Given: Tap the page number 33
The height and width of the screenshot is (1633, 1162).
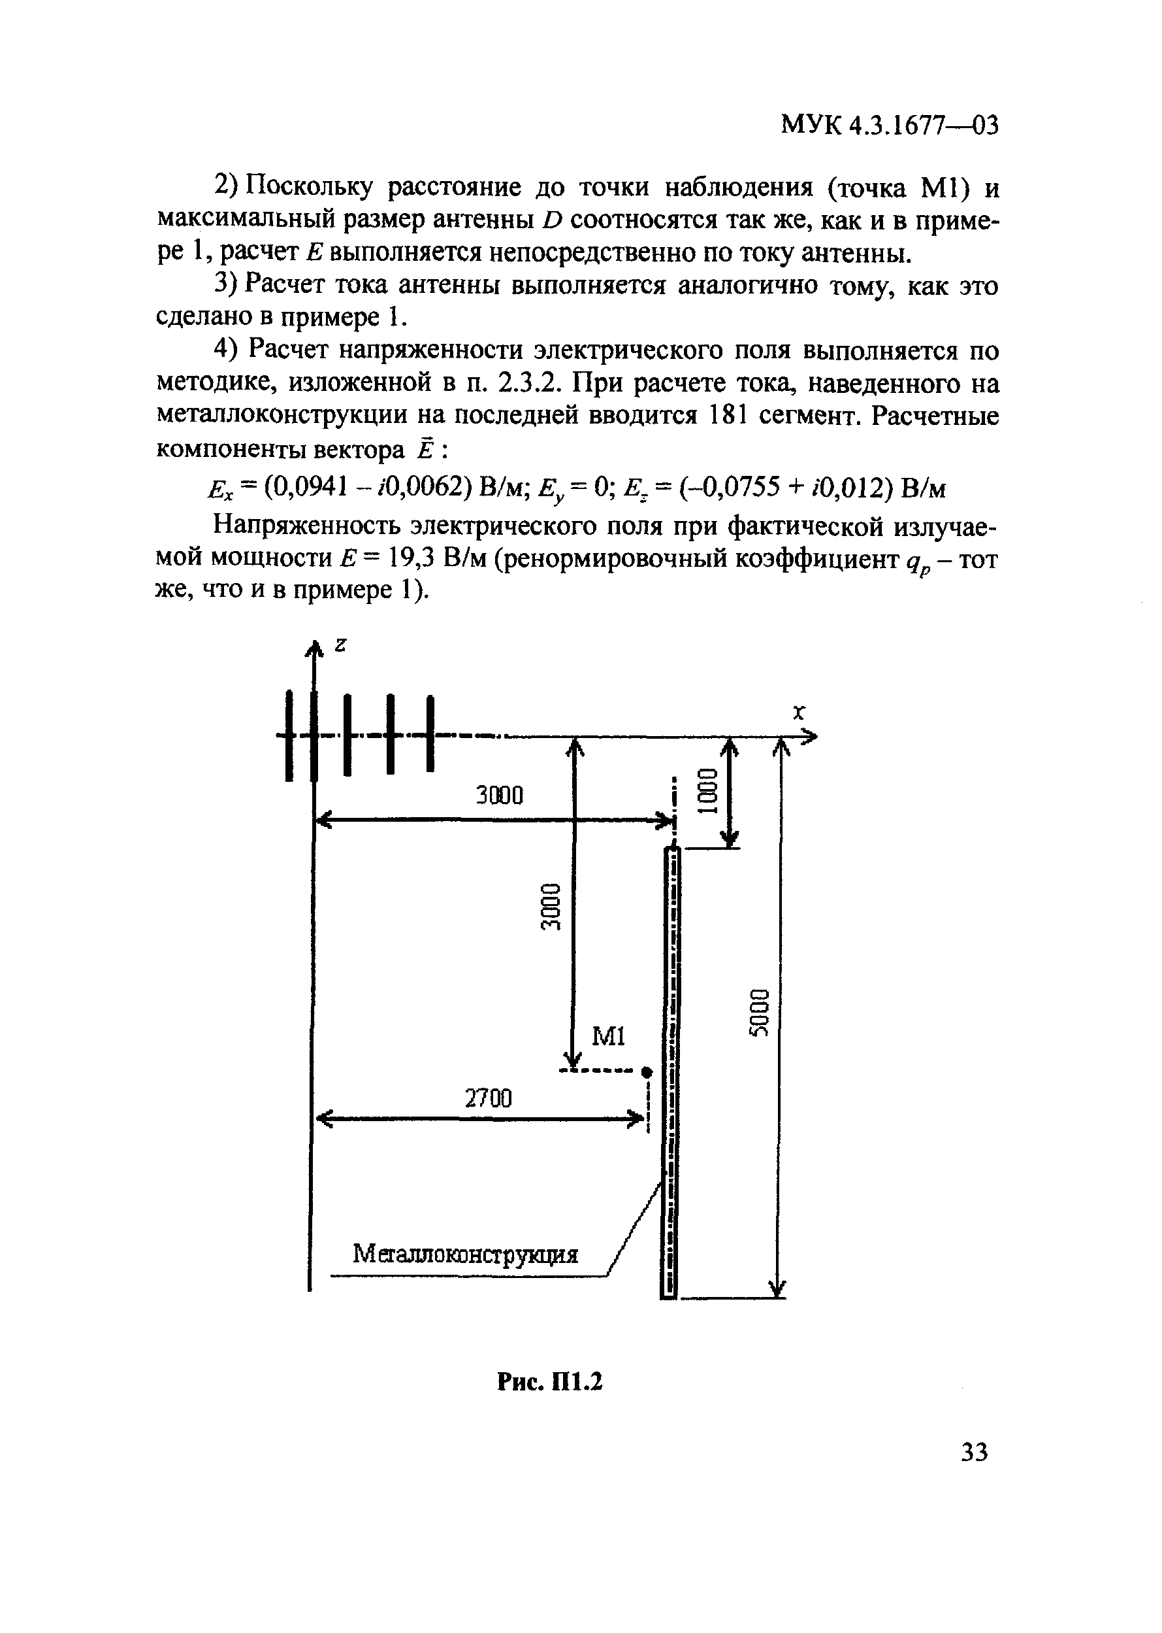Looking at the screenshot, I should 974,1452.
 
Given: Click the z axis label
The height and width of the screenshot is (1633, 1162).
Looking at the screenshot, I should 340,645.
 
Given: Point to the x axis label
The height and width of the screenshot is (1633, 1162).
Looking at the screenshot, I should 799,712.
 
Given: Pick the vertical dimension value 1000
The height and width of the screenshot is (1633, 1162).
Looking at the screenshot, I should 707,790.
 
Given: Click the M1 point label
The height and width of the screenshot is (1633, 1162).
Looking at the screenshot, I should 609,1036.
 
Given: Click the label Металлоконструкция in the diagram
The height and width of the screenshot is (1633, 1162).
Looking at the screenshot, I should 466,1254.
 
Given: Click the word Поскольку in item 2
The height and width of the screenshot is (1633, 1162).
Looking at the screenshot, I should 310,188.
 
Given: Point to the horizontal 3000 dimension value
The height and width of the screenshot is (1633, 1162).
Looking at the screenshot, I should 500,794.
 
